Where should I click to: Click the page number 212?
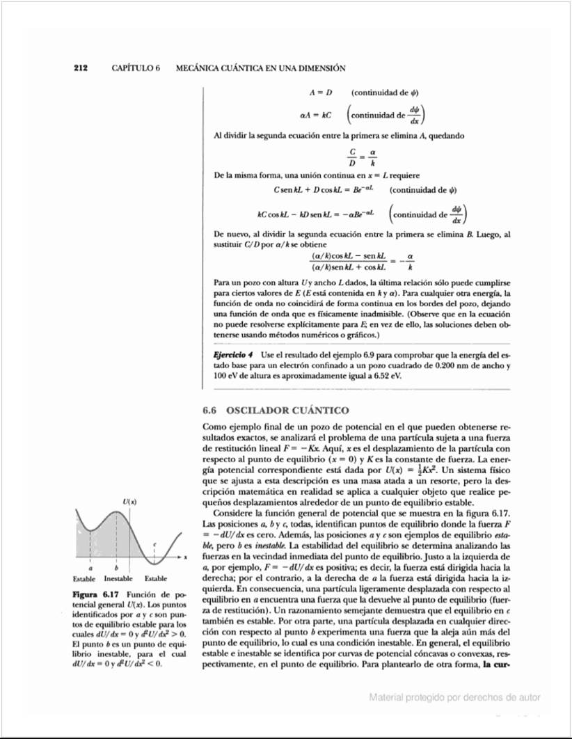point(80,68)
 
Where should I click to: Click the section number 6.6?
point(211,410)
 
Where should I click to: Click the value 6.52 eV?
point(387,375)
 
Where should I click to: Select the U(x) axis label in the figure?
point(129,502)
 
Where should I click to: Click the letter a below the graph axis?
point(90,569)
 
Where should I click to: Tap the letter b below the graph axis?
point(116,569)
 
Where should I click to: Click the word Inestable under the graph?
point(118,579)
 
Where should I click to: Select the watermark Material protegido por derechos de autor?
point(454,697)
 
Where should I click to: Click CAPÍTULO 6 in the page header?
point(136,68)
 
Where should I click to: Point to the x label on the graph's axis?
point(186,557)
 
